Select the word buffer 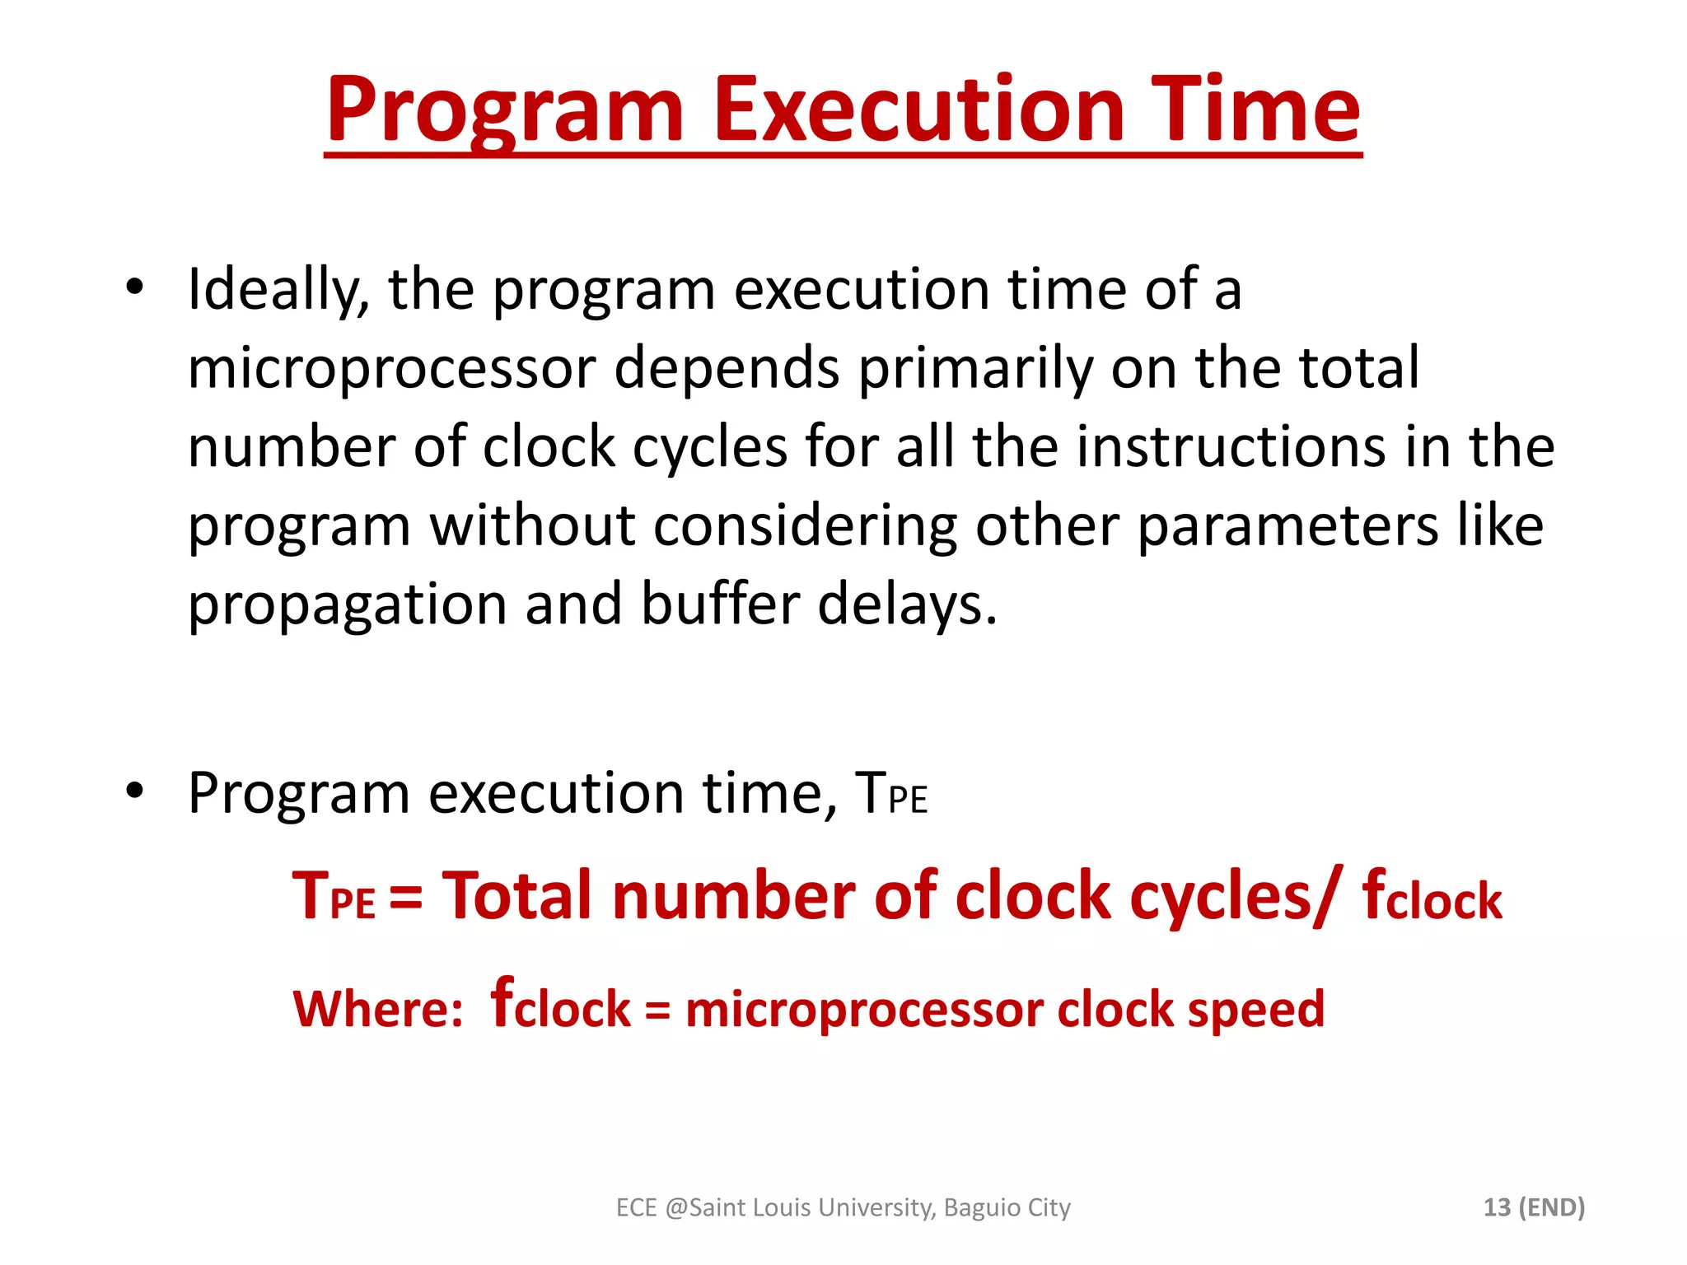720,604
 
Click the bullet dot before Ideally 135,287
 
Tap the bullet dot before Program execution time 135,791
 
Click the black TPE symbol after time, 890,794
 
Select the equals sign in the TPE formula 406,897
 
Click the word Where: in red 378,1008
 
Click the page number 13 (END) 1534,1207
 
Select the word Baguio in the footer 982,1208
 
